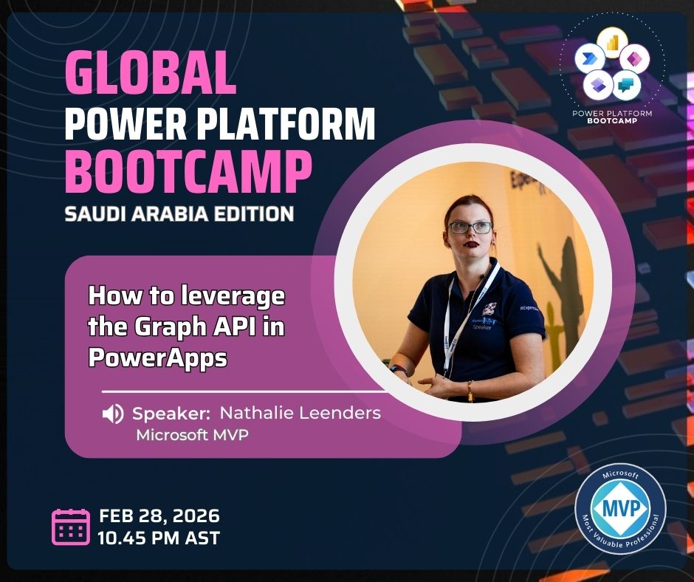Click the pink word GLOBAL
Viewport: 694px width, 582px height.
tap(151, 73)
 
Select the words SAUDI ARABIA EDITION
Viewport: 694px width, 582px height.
tap(179, 214)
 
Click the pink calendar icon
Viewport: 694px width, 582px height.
tap(71, 527)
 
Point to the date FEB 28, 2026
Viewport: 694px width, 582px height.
tap(159, 516)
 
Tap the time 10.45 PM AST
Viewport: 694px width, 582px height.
tap(159, 538)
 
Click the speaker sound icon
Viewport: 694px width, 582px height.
tap(113, 414)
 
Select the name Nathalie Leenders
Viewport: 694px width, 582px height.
tap(300, 413)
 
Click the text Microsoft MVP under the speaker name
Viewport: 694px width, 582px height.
tap(192, 435)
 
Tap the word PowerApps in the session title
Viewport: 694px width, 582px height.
tap(157, 357)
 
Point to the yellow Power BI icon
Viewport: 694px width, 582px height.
tap(613, 44)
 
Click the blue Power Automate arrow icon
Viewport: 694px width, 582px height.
tap(590, 59)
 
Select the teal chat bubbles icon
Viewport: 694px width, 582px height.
tap(626, 84)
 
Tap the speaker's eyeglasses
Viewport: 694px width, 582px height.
tap(470, 227)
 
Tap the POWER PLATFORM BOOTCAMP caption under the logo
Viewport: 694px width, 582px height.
tap(612, 117)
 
